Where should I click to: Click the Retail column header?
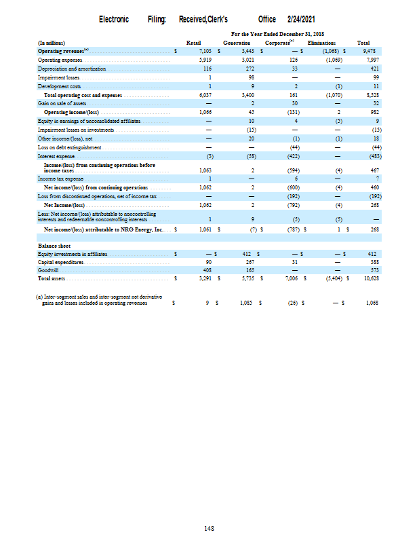pyautogui.click(x=193, y=43)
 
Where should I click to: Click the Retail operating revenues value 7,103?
pyautogui.click(x=205, y=50)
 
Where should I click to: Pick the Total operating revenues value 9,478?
pyautogui.click(x=370, y=50)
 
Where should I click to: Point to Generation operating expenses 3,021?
pyautogui.click(x=246, y=59)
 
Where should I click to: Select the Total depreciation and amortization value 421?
pyautogui.click(x=372, y=69)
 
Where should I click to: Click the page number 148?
pyautogui.click(x=209, y=527)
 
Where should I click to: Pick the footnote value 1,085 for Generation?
pyautogui.click(x=245, y=303)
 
